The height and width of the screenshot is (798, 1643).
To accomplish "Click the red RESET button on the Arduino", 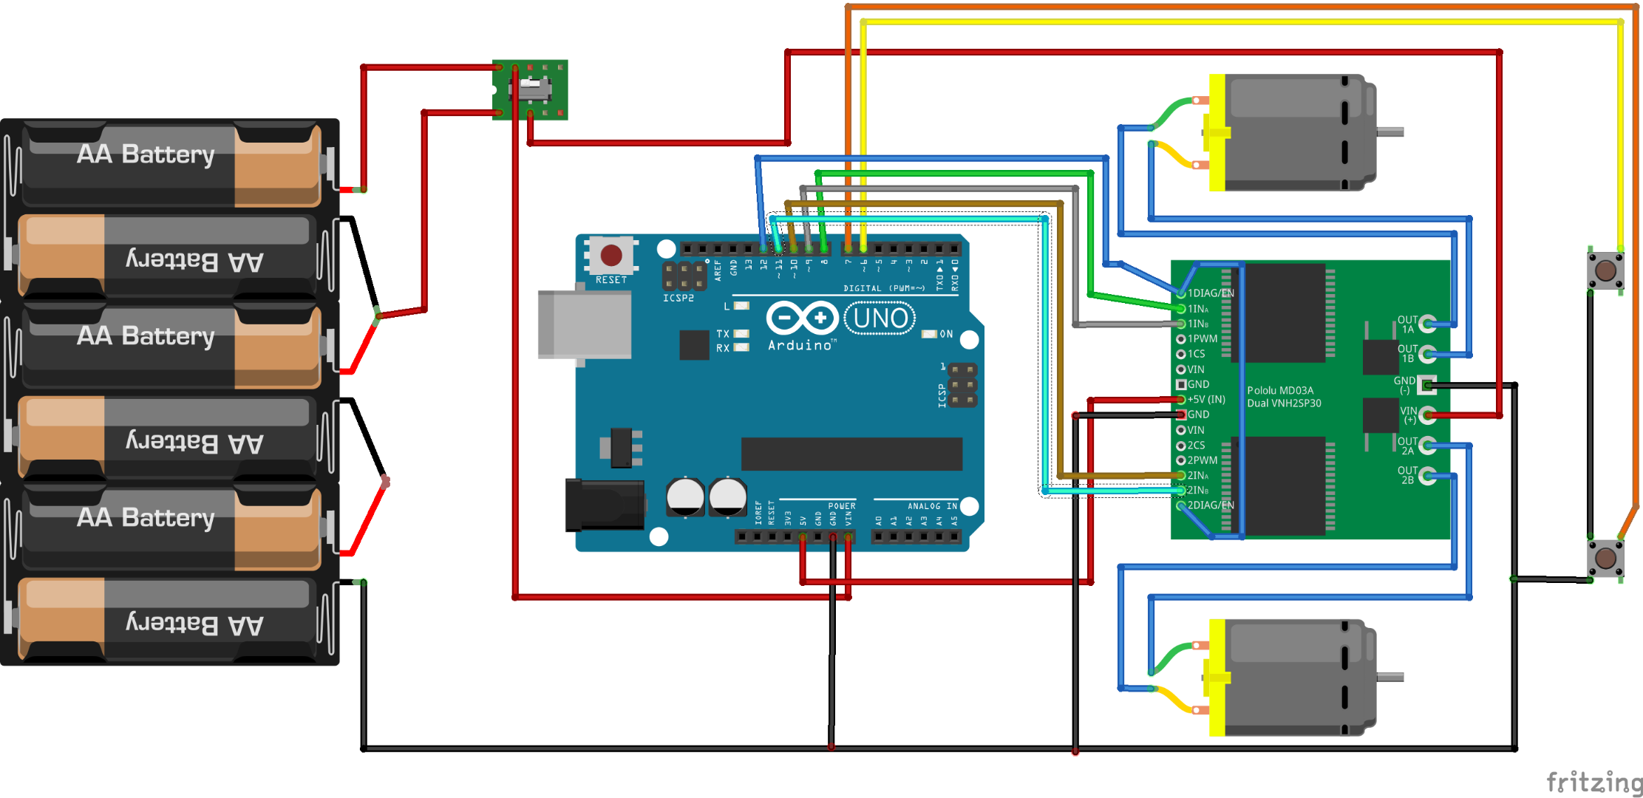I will (610, 256).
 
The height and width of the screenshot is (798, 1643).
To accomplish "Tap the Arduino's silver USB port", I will (584, 324).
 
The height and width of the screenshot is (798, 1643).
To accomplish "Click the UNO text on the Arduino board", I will (880, 318).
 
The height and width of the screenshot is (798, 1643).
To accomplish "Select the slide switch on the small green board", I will (534, 89).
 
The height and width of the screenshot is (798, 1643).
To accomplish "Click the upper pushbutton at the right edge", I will (1605, 270).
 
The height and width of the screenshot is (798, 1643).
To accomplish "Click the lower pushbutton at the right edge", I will (1605, 558).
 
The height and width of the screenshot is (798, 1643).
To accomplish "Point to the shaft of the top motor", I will (1389, 132).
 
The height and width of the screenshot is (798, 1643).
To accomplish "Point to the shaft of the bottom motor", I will (1389, 677).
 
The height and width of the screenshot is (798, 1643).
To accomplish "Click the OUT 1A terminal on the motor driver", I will (1427, 324).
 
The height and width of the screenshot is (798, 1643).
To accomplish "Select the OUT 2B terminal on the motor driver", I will (1427, 475).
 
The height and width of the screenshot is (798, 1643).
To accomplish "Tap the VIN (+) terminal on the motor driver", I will (1427, 415).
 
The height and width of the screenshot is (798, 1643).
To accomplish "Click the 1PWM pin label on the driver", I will (1203, 339).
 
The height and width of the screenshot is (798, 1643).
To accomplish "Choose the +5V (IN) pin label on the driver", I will (1206, 400).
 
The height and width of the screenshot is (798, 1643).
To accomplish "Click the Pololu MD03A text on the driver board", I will (1280, 390).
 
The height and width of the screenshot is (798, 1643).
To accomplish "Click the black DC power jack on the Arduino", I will (604, 505).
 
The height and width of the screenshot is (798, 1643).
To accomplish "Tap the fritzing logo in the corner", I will (1593, 781).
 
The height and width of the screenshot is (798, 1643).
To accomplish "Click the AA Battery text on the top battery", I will (146, 154).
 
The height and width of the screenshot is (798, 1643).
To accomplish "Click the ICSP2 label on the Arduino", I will (678, 299).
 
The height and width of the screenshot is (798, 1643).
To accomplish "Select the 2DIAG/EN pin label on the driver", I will (1210, 505).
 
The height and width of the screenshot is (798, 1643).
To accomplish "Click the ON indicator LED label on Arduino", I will (945, 335).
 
